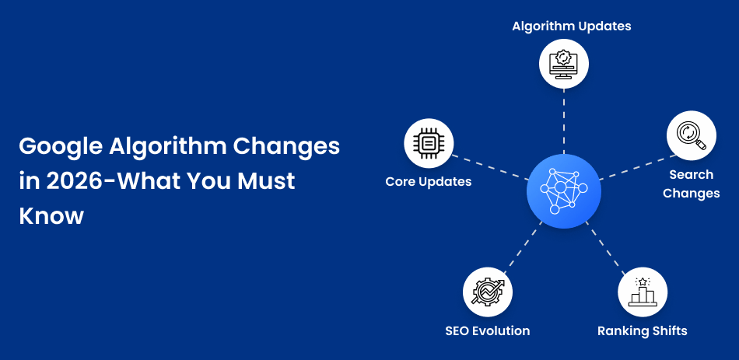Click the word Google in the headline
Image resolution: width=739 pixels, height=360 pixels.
[x=61, y=147]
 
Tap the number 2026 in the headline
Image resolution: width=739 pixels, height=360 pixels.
[x=75, y=181]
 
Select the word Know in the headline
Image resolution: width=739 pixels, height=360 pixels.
[x=51, y=216]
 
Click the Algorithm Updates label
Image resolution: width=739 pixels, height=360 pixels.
[x=572, y=26]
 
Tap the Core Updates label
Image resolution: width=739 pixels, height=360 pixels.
[x=429, y=181]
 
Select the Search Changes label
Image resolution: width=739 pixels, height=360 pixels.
[x=692, y=183]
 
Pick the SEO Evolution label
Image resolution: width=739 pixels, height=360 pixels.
[x=487, y=330]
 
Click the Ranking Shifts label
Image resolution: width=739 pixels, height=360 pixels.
[x=643, y=330]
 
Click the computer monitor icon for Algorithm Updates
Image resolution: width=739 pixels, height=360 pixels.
[x=564, y=64]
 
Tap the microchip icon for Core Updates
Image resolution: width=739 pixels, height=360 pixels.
[x=429, y=143]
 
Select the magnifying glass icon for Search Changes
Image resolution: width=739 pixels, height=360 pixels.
[x=692, y=136]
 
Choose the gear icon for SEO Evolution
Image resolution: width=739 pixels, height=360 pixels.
[x=487, y=292]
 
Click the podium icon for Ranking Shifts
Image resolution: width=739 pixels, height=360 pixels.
[x=643, y=292]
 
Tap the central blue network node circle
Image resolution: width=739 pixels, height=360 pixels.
[x=564, y=190]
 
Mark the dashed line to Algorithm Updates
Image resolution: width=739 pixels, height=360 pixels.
[x=564, y=121]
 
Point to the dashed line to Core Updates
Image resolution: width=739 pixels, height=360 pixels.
[x=490, y=167]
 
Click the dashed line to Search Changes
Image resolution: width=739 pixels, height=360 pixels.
[x=637, y=167]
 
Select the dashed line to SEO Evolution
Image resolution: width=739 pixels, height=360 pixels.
[x=524, y=247]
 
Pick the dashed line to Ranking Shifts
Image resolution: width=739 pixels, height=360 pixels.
[x=605, y=248]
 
